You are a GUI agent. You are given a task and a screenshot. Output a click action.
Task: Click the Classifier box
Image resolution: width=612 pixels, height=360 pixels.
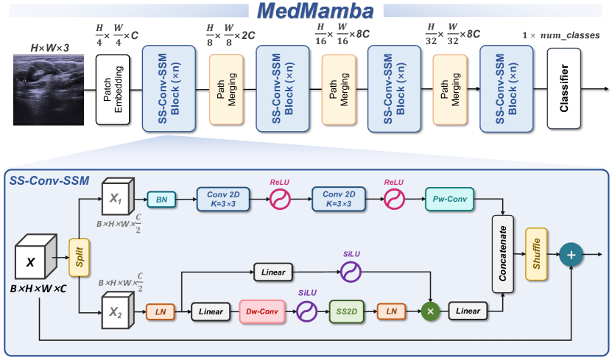click(x=563, y=88)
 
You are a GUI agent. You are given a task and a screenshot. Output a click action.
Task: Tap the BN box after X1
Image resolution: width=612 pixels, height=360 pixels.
click(x=161, y=199)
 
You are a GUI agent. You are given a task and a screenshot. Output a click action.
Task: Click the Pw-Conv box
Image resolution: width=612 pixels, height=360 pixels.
click(x=450, y=199)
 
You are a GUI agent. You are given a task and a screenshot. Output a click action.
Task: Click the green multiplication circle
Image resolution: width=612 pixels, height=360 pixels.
click(x=429, y=311)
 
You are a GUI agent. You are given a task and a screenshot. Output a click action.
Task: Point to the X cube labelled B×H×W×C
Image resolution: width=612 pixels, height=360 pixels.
click(x=35, y=259)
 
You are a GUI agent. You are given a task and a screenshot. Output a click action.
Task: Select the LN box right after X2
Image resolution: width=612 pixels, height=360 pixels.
click(x=161, y=311)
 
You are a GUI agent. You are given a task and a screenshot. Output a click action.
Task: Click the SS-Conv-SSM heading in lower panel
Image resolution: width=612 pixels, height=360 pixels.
click(x=46, y=178)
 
